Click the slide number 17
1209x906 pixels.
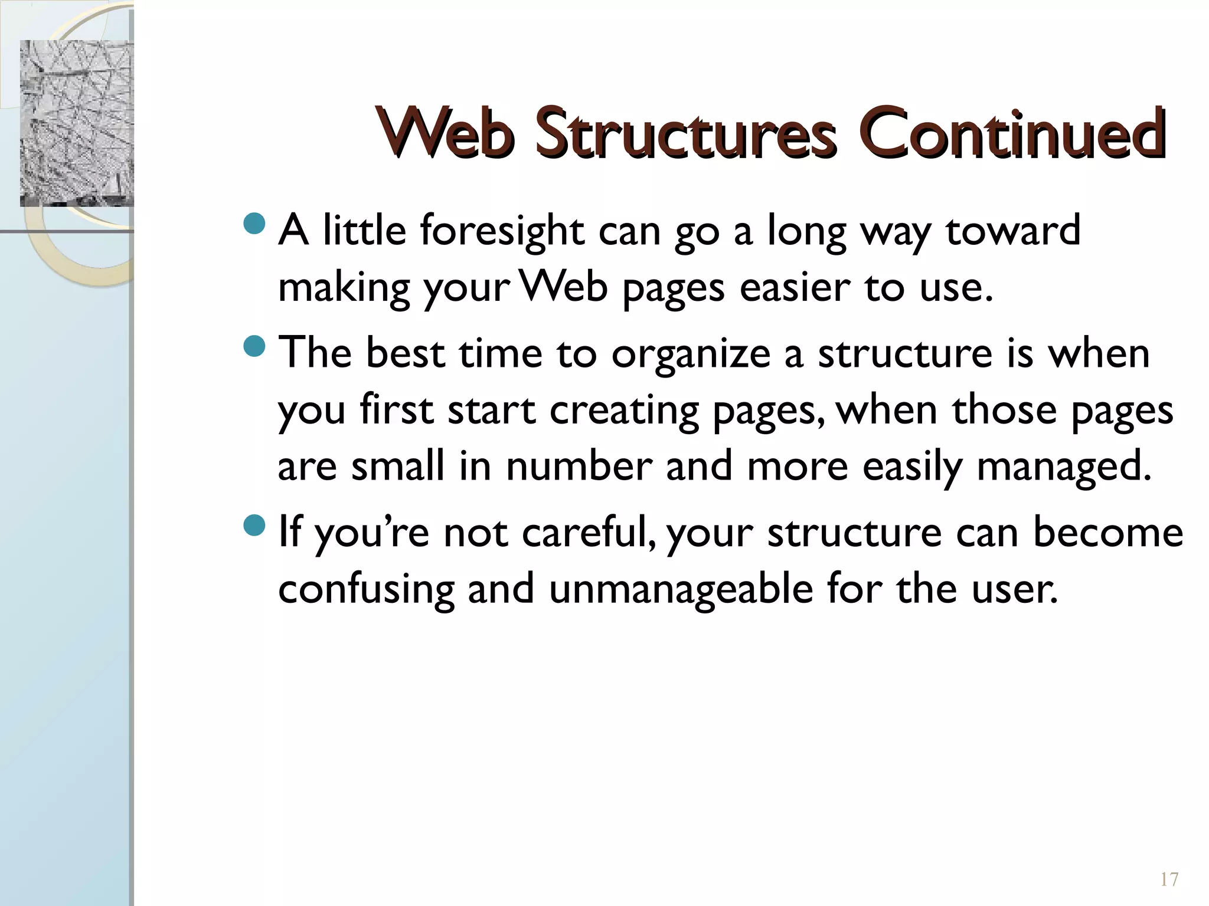point(1169,879)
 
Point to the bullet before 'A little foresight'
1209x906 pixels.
point(255,224)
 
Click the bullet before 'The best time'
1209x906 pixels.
point(255,346)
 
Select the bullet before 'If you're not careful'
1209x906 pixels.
point(255,525)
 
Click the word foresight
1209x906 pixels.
point(502,231)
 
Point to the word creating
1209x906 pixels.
point(624,411)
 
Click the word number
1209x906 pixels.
point(579,467)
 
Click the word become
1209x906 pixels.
point(1108,532)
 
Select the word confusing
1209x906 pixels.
point(366,589)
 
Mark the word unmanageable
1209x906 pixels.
point(681,589)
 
